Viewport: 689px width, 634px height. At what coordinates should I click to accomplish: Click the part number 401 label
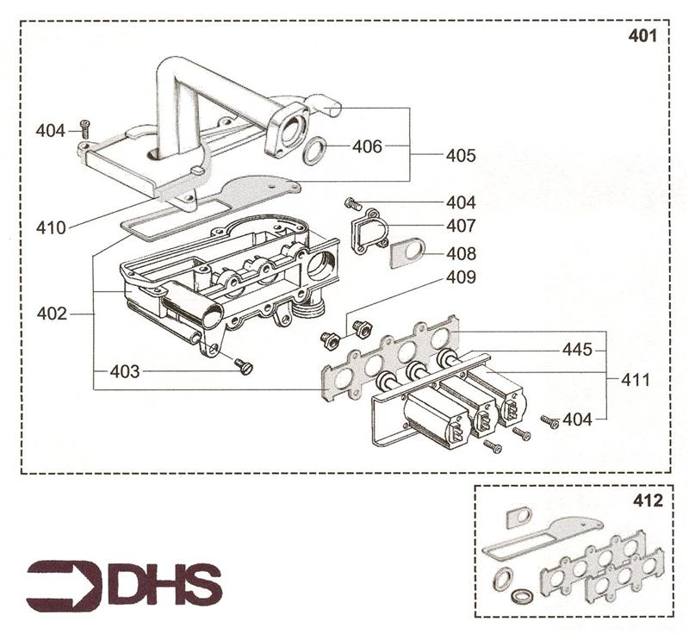click(x=642, y=37)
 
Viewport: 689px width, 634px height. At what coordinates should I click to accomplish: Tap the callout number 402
click(x=52, y=314)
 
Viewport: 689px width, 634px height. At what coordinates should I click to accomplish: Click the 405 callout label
click(x=461, y=157)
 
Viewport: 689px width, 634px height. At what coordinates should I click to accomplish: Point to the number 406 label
click(x=367, y=146)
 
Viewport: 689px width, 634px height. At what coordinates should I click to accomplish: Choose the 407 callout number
click(x=461, y=227)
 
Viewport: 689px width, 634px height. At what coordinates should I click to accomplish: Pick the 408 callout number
click(x=461, y=254)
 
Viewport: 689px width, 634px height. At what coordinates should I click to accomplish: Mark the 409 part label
click(x=461, y=278)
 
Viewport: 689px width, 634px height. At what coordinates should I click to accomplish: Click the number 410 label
click(x=52, y=228)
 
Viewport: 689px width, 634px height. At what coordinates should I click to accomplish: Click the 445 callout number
click(x=577, y=351)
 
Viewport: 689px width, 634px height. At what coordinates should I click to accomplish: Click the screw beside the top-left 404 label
click(x=84, y=127)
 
